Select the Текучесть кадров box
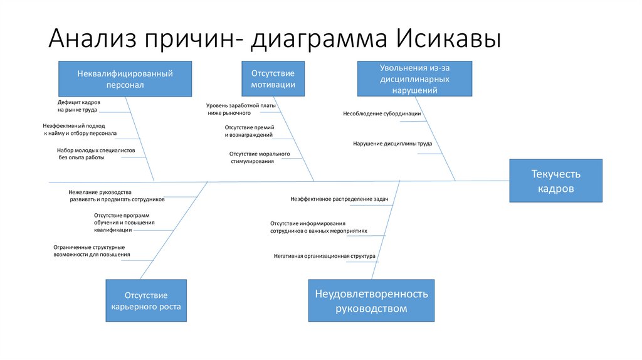coord(555,181)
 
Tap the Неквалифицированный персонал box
coord(125,79)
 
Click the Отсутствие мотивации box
coord(273,79)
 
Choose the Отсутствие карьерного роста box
coord(145,300)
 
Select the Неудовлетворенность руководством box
coord(371,300)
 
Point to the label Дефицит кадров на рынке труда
coord(78,105)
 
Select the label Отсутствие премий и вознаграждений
coord(249,131)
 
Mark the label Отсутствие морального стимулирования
coord(259,157)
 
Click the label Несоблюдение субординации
coord(381,114)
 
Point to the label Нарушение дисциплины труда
coord(392,144)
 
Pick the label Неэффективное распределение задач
coord(339,199)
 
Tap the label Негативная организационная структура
coord(324,256)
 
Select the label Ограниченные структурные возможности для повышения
coord(92,250)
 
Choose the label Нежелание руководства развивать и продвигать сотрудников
coord(117,195)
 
